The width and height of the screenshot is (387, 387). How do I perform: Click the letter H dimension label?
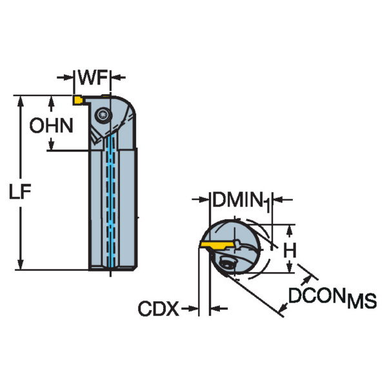click(291, 249)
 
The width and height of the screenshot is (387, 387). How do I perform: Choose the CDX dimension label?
click(158, 310)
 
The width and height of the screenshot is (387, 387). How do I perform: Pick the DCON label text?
click(316, 297)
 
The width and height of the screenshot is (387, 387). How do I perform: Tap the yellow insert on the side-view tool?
click(76, 100)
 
